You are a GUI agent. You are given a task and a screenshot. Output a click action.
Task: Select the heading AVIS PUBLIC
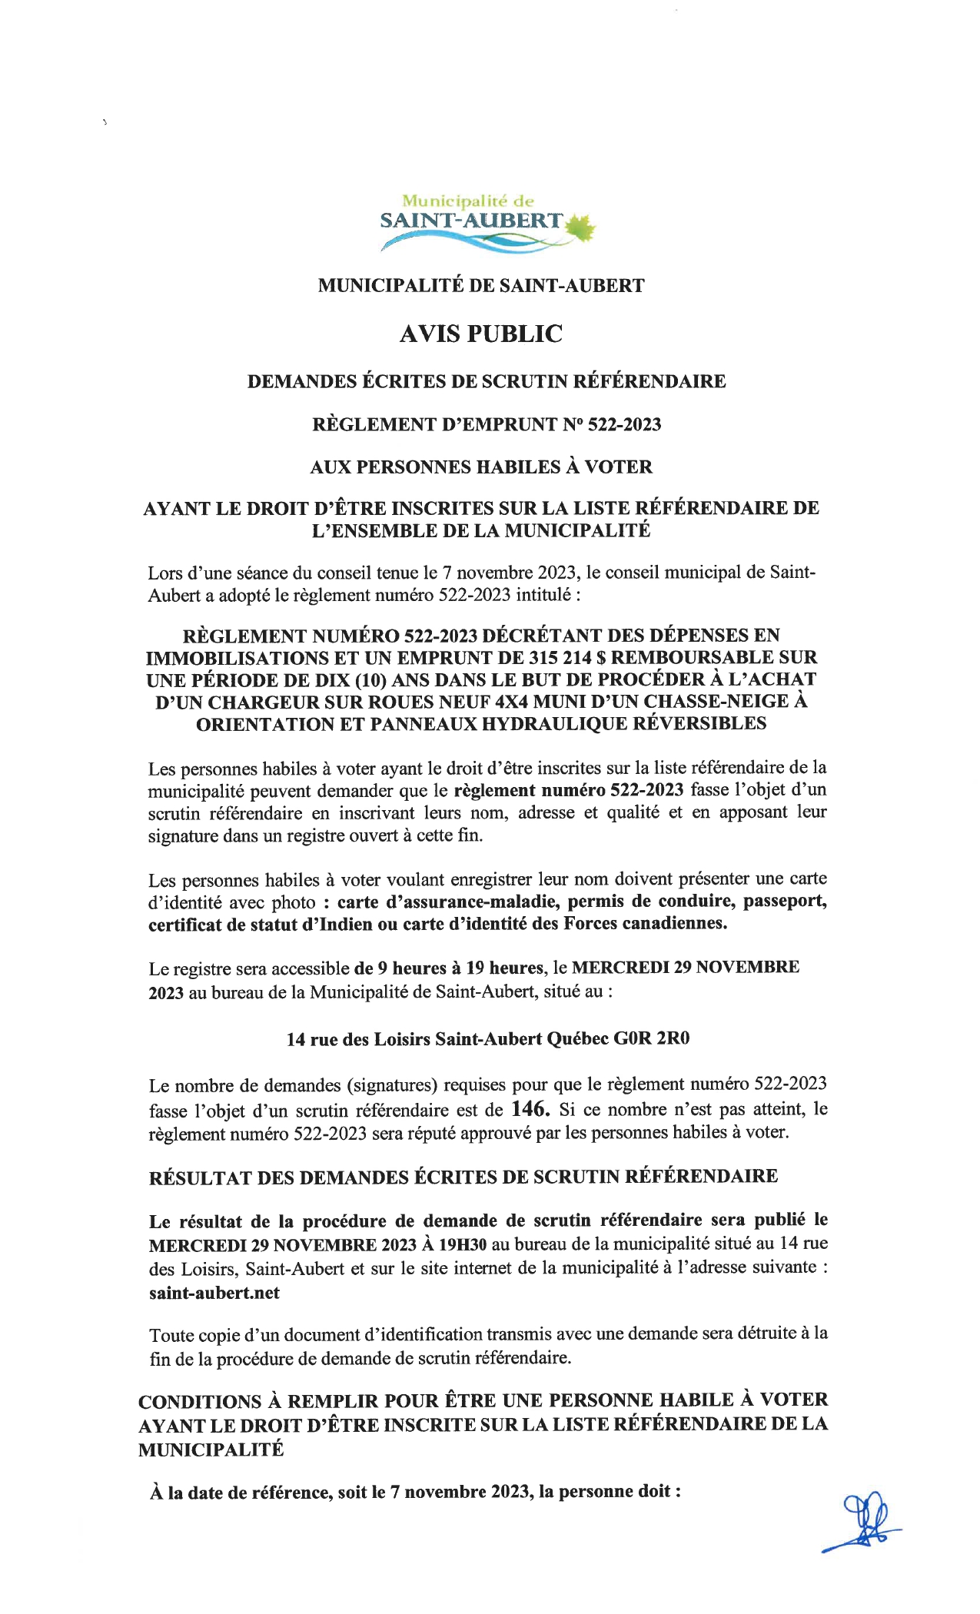[x=481, y=334]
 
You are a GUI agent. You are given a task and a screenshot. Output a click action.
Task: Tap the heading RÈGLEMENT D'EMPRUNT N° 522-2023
[x=487, y=424]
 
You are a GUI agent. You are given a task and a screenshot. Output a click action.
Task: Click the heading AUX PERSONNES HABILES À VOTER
[x=481, y=467]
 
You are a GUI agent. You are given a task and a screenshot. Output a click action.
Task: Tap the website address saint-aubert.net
[x=214, y=1293]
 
